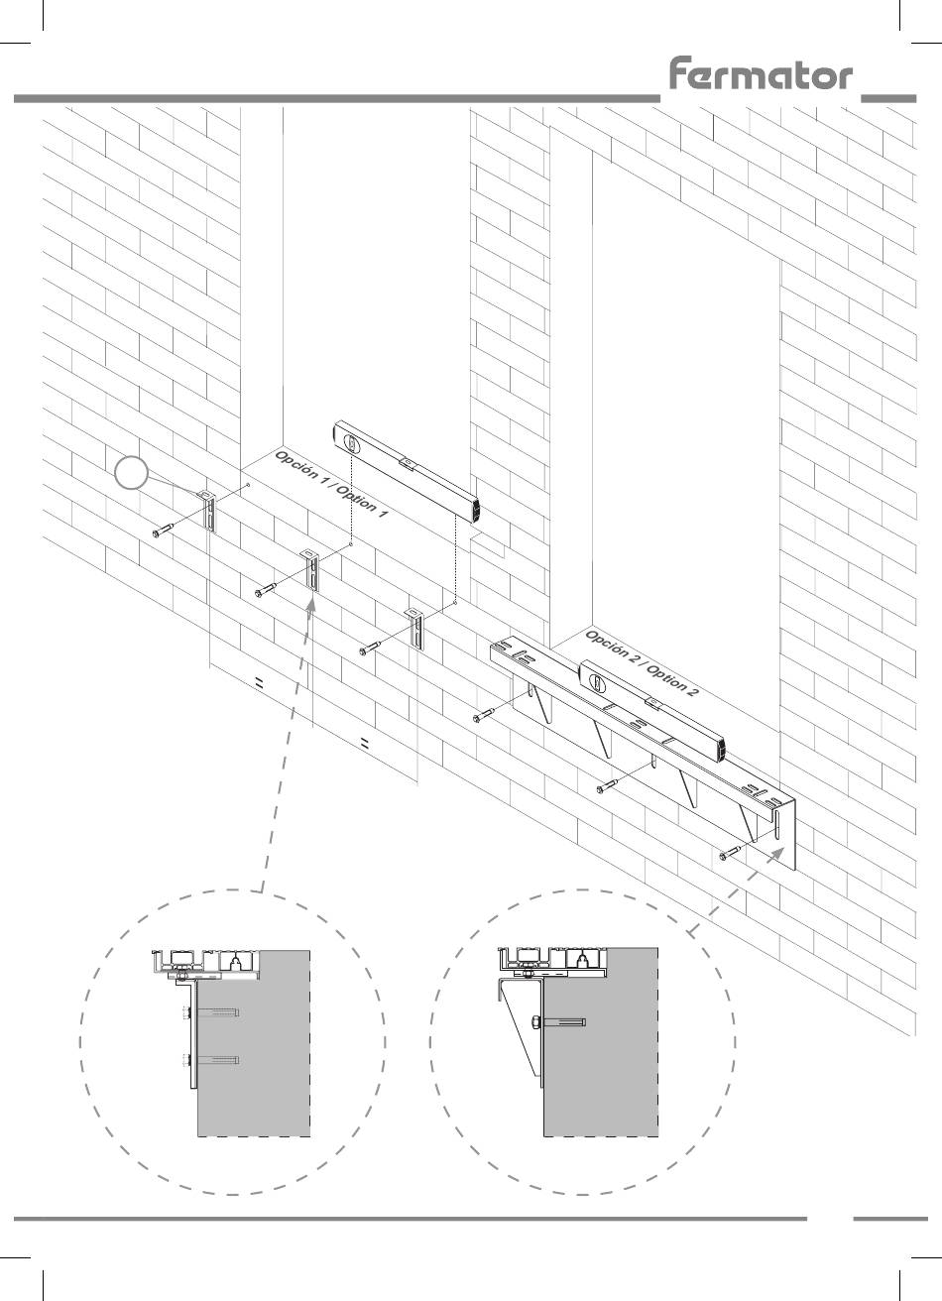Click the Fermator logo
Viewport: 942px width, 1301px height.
(x=761, y=73)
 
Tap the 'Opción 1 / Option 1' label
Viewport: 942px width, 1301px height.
(x=331, y=484)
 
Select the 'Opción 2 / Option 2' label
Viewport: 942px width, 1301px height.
(x=642, y=663)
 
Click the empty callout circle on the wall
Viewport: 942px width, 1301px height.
(x=131, y=473)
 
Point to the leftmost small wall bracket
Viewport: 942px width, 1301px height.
(x=208, y=510)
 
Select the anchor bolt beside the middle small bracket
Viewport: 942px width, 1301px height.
(x=267, y=590)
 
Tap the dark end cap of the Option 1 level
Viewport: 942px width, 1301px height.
(x=476, y=511)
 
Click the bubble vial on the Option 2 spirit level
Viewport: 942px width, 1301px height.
(x=597, y=683)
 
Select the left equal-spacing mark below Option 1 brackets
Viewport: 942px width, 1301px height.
(x=259, y=683)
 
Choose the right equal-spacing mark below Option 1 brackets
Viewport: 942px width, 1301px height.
(x=364, y=743)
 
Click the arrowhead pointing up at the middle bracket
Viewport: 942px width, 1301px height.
(x=311, y=605)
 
